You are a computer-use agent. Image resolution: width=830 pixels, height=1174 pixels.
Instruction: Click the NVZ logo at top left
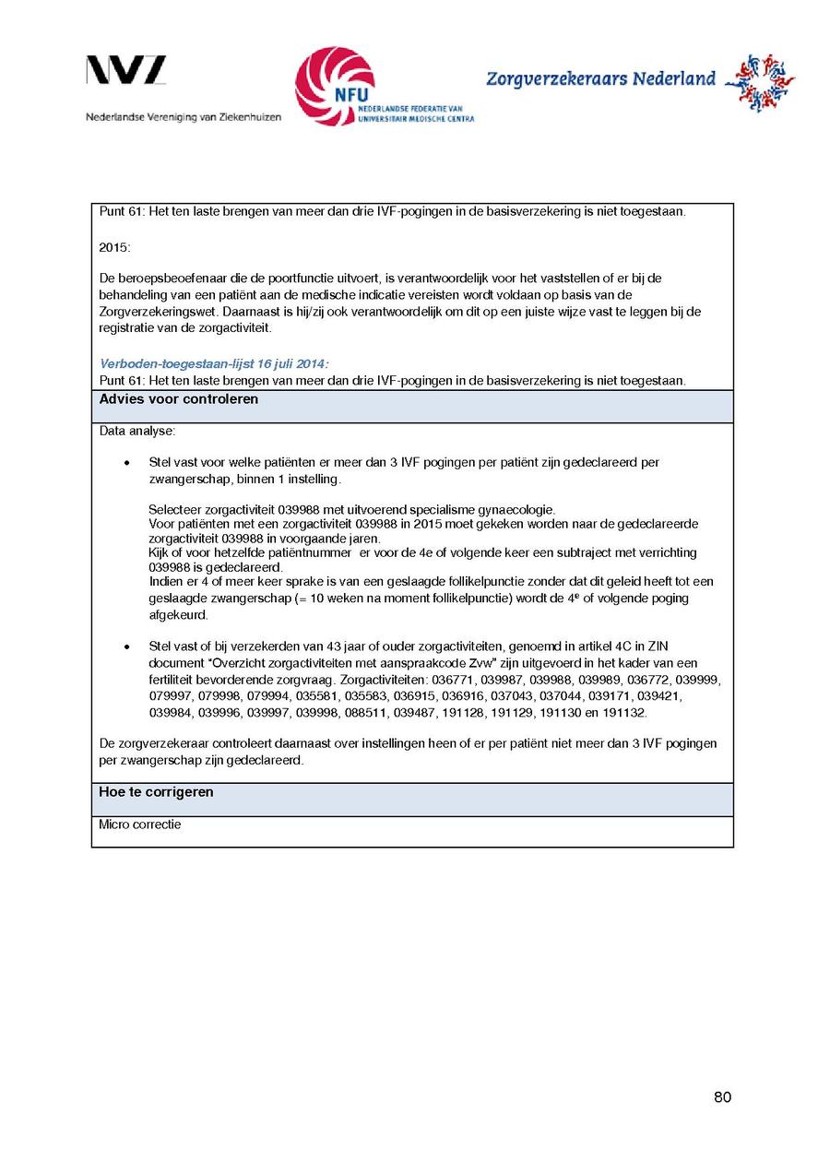(x=126, y=71)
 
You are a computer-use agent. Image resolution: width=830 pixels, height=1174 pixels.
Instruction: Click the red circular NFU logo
(x=335, y=86)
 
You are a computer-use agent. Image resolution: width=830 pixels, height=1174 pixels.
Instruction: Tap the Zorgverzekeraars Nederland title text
(x=600, y=79)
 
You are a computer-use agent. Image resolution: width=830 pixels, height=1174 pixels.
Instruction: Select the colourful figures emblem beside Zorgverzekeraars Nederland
(x=759, y=83)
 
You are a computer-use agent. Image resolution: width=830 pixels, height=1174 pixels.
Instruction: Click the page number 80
(x=722, y=1097)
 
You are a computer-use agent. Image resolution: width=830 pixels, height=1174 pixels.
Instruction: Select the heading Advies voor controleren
(x=179, y=400)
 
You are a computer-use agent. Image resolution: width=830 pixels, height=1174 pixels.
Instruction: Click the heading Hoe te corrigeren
(x=157, y=793)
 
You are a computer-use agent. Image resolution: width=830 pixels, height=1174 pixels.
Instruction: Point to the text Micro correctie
(x=140, y=824)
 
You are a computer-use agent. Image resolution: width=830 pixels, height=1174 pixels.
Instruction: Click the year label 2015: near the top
(x=115, y=245)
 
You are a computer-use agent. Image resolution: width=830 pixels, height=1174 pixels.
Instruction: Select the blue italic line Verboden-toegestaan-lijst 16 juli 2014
(x=214, y=364)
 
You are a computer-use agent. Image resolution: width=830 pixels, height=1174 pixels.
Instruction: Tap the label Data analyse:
(x=136, y=431)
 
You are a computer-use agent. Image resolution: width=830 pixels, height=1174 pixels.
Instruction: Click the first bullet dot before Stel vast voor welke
(x=125, y=463)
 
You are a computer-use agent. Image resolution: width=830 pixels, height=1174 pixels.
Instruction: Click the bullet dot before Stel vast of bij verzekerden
(x=125, y=647)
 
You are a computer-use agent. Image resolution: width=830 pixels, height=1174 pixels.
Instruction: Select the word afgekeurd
(x=179, y=615)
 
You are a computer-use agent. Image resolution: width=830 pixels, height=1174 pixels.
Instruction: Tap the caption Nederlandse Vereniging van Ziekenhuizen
(x=184, y=117)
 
